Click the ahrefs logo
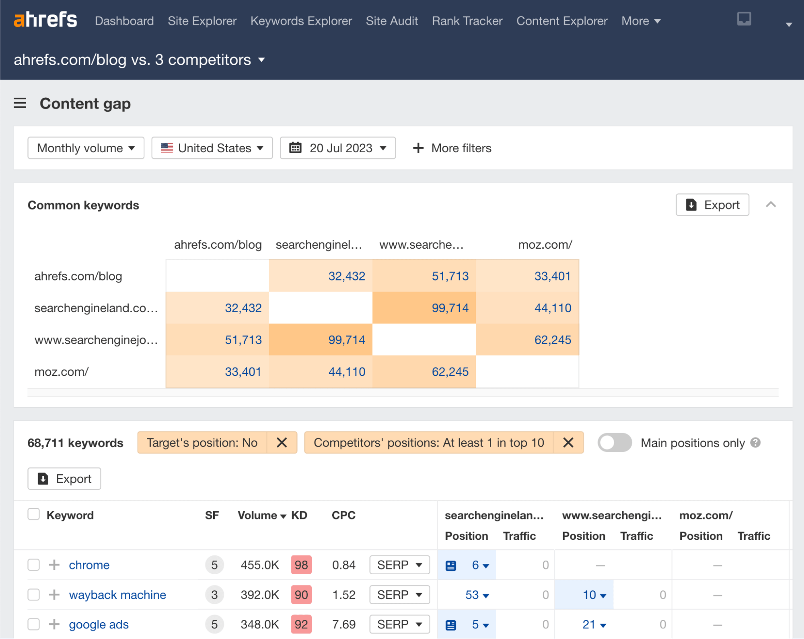click(45, 20)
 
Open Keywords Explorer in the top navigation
click(301, 21)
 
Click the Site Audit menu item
click(392, 21)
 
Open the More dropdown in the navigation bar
click(641, 21)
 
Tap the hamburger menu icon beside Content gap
click(20, 103)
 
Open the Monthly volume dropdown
click(86, 148)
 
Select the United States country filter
click(212, 148)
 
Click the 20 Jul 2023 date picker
click(337, 148)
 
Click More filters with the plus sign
click(452, 148)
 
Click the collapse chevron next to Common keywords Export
click(771, 205)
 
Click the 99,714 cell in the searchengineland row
click(450, 308)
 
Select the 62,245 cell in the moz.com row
click(450, 372)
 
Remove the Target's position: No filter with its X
click(282, 442)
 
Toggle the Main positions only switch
click(614, 442)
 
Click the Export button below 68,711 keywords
click(64, 479)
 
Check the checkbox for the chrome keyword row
click(34, 565)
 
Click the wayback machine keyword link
click(117, 595)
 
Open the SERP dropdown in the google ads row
click(399, 624)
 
